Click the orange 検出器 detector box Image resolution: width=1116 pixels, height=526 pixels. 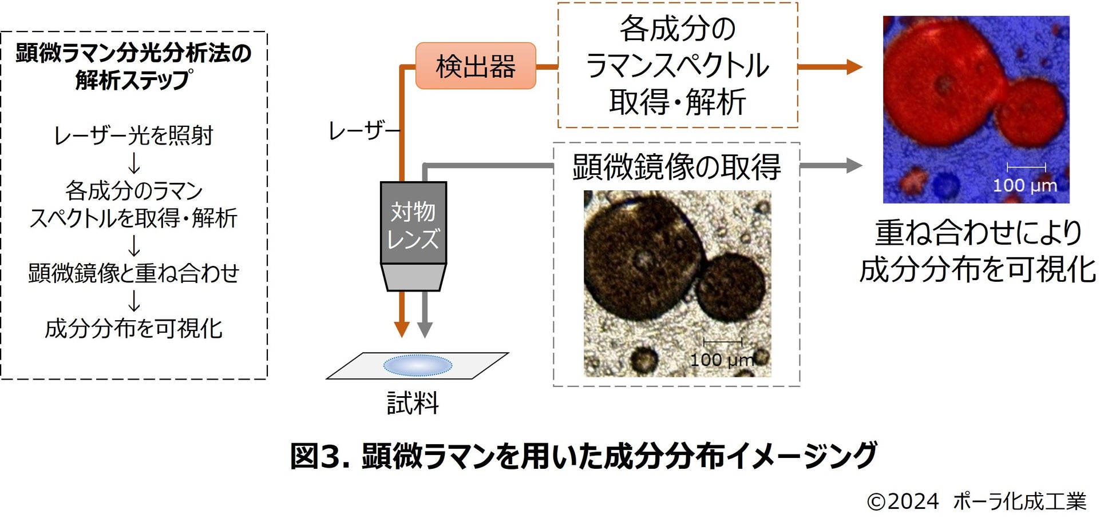[x=475, y=66]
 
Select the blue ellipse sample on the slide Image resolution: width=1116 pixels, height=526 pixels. [x=417, y=365]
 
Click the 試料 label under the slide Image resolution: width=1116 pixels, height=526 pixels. [x=413, y=403]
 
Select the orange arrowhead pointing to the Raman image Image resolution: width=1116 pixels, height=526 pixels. [x=854, y=67]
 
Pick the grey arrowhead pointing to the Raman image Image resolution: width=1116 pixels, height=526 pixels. [x=854, y=166]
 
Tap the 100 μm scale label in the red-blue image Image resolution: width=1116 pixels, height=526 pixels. [x=1024, y=185]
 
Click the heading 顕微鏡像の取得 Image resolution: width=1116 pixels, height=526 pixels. [x=676, y=167]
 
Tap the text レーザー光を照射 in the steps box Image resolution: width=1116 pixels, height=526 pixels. [x=133, y=136]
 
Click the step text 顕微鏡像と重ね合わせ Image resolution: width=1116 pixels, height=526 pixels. [x=133, y=273]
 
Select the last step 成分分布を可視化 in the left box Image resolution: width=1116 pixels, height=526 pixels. [x=133, y=328]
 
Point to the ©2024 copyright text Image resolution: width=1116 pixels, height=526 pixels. [x=903, y=501]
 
